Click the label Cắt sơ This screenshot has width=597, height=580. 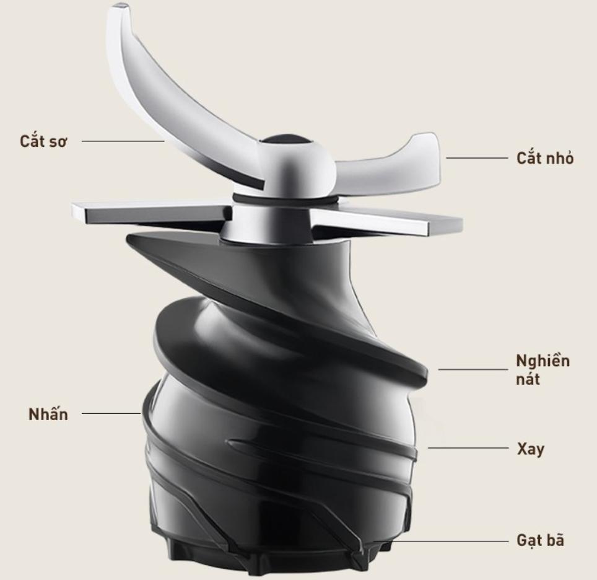pyautogui.click(x=43, y=141)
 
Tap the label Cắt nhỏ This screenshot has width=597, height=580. pyautogui.click(x=545, y=158)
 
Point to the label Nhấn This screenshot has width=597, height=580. pyautogui.click(x=48, y=414)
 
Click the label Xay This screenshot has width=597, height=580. pyautogui.click(x=531, y=449)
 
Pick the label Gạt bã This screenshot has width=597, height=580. pyautogui.click(x=540, y=540)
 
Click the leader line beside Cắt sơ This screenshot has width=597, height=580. pyautogui.click(x=123, y=141)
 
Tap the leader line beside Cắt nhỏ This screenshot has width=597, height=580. pyautogui.click(x=477, y=157)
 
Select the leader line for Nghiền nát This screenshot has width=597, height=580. pyautogui.click(x=473, y=369)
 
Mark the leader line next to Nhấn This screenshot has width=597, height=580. pyautogui.click(x=111, y=413)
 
